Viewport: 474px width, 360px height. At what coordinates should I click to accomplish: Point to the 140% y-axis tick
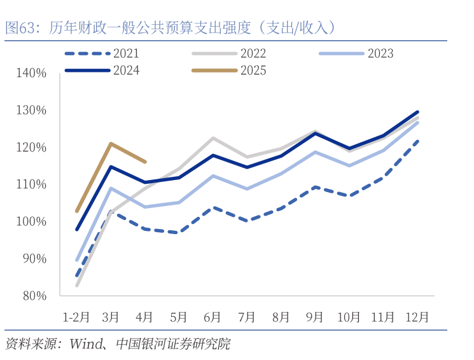coord(31,73)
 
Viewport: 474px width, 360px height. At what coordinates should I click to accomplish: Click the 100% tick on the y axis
coord(31,221)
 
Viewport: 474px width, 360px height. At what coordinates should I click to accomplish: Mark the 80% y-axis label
coord(33,296)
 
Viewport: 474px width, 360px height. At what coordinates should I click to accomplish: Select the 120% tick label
coord(31,148)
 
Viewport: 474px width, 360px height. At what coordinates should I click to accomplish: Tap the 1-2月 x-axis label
coord(76,316)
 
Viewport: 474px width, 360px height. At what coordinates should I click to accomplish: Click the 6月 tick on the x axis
coord(213,316)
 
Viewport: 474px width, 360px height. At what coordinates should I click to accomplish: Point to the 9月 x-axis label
coord(315,316)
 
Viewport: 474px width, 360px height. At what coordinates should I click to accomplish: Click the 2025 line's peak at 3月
coord(111,144)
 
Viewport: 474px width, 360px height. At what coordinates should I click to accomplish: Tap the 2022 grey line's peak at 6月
coord(213,138)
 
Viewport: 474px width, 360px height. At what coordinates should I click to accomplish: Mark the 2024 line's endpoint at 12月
coord(417,112)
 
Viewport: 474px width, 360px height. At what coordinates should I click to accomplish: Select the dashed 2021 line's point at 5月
coord(179,232)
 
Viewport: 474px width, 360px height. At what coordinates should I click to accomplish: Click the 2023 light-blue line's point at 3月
coord(111,188)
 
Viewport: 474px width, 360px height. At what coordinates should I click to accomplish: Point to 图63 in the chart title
coord(19,27)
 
